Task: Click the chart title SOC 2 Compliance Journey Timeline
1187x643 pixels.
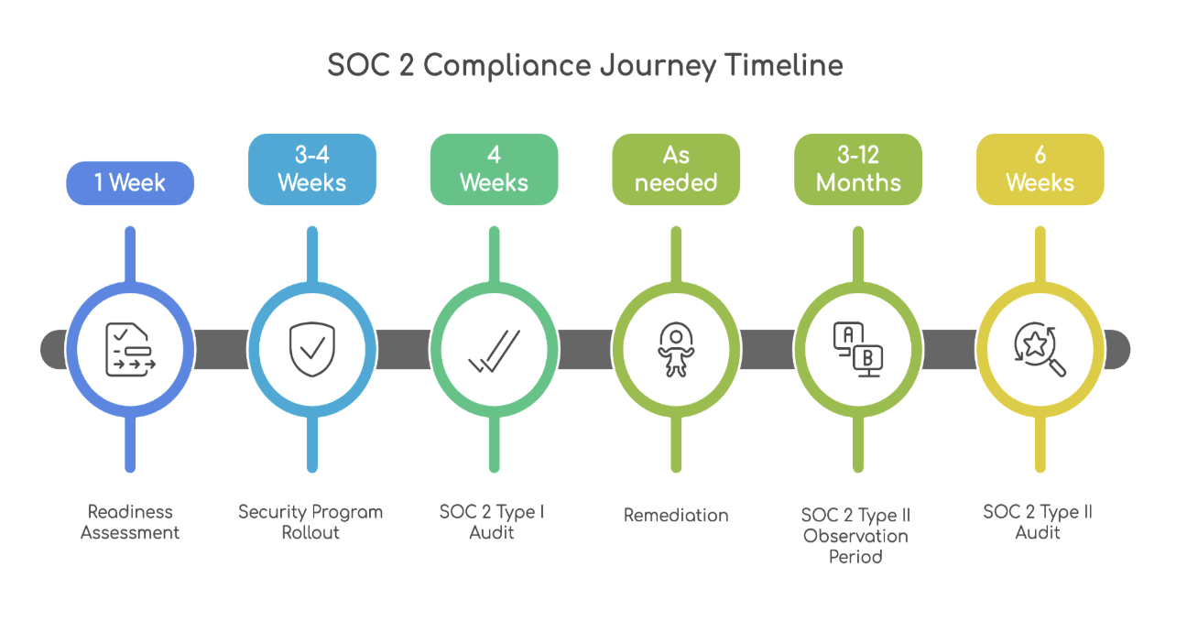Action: click(585, 66)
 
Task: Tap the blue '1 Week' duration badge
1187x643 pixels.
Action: click(130, 182)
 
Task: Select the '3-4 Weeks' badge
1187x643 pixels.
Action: click(311, 169)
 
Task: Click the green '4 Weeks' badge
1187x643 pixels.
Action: click(494, 169)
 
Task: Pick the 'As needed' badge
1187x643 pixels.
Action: click(676, 169)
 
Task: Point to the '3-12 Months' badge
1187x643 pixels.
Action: click(858, 169)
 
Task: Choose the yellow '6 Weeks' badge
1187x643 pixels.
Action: click(1040, 169)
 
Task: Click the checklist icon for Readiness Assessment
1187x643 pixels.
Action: click(130, 349)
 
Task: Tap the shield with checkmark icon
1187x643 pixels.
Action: click(311, 349)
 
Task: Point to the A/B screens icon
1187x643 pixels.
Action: click(858, 349)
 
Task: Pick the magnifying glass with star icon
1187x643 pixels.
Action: click(1040, 349)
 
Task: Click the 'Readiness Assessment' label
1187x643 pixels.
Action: click(130, 522)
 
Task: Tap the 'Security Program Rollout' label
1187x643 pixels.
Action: click(310, 522)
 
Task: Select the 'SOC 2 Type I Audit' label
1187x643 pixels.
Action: click(492, 522)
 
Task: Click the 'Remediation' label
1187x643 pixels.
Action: click(676, 516)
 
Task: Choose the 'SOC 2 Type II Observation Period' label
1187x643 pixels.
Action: click(855, 536)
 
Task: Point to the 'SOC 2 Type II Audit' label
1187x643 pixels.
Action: click(1038, 522)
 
